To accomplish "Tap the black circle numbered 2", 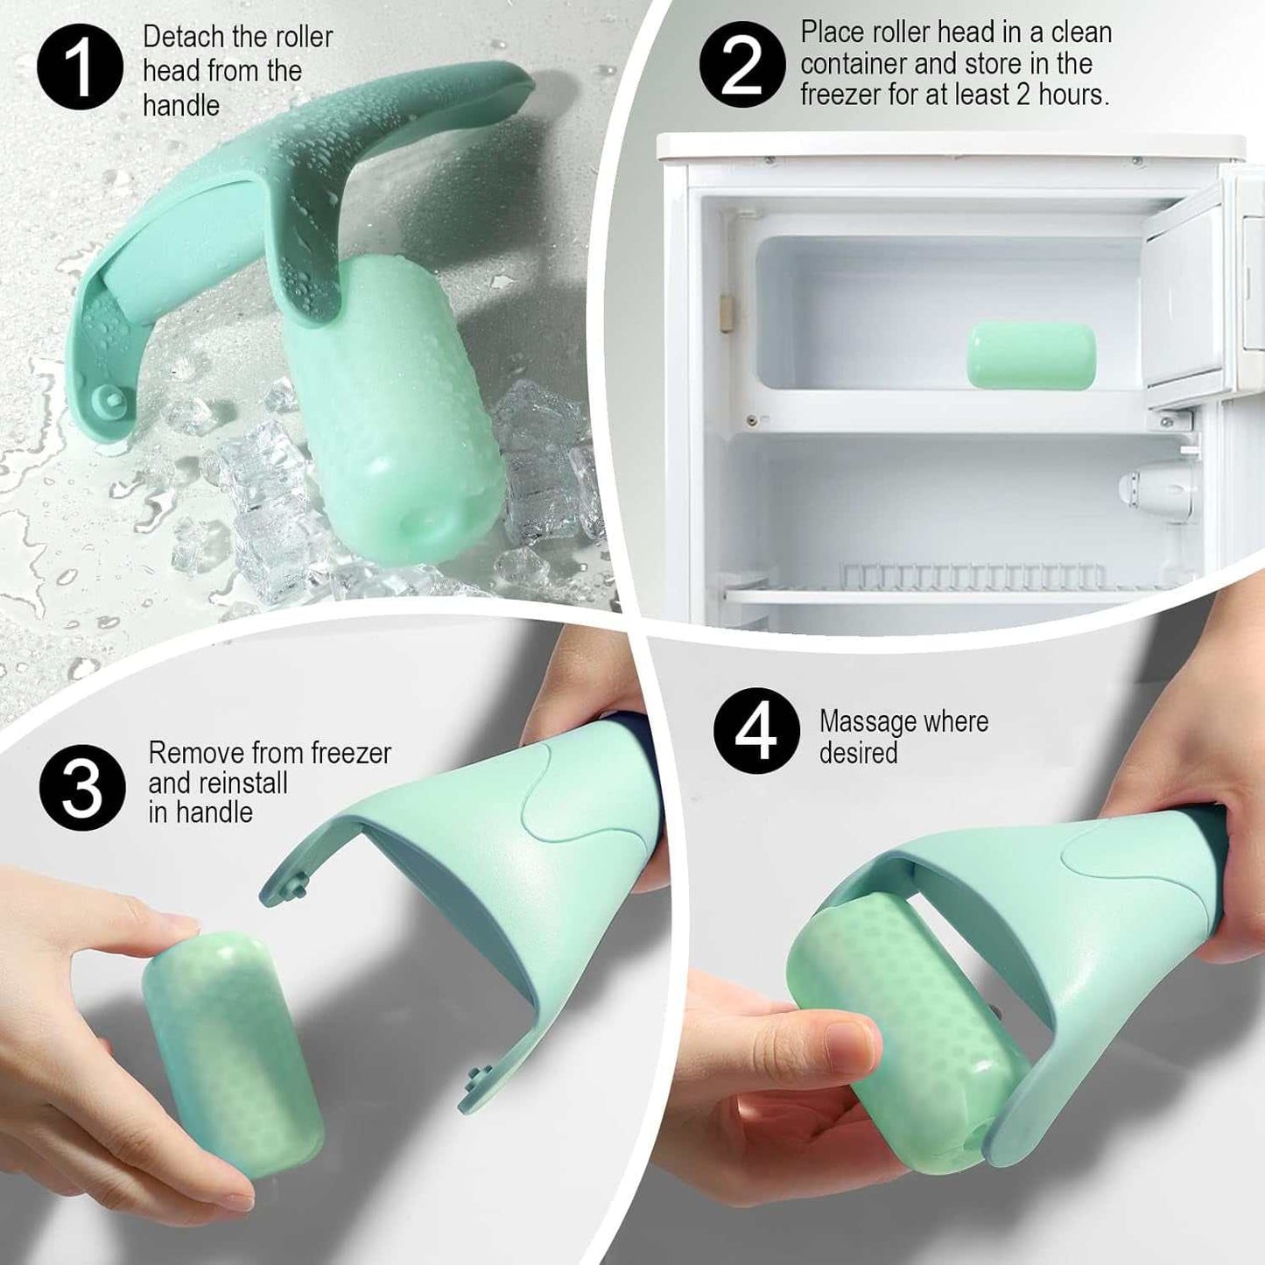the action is click(x=741, y=64).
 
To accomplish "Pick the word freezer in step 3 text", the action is click(x=351, y=753).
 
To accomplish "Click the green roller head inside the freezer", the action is click(x=1031, y=355).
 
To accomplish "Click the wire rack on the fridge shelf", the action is click(x=973, y=576).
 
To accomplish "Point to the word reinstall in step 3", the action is click(x=218, y=783).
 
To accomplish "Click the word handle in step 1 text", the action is click(x=181, y=106).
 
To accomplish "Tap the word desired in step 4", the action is click(x=858, y=753).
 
